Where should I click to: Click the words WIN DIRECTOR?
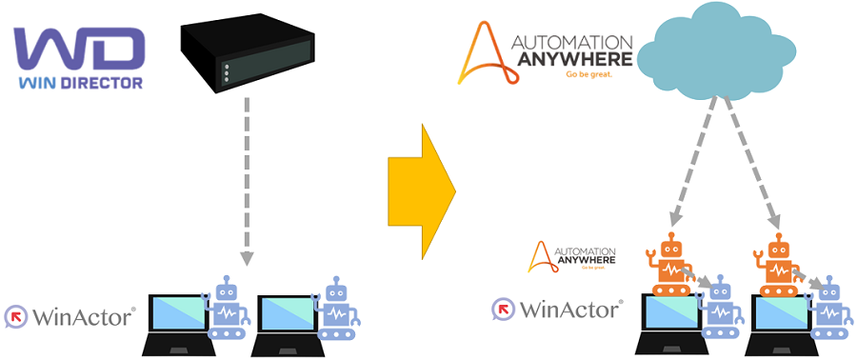point(80,83)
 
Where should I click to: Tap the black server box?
point(247,56)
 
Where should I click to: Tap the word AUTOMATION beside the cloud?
point(571,42)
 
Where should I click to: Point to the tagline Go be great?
point(587,73)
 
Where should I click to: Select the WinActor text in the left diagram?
point(81,315)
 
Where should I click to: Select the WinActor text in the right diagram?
point(569,309)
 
